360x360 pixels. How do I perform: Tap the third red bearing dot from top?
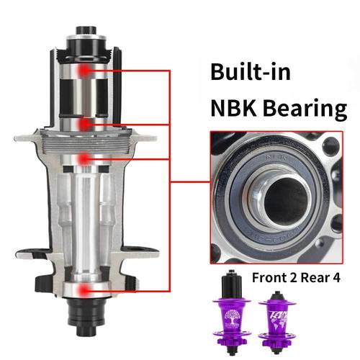coord(86,157)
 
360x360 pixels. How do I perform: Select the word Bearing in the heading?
coord(304,109)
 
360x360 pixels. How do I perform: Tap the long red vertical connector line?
coord(168,180)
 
